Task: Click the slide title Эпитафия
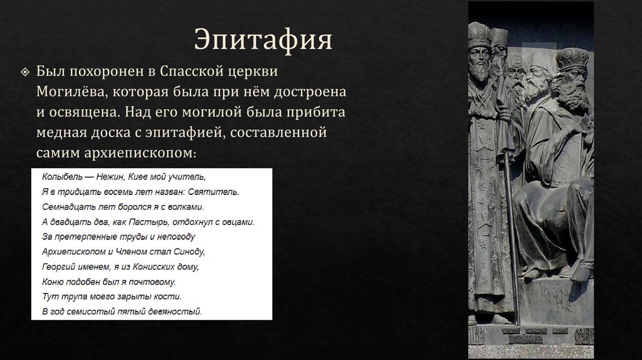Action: (263, 40)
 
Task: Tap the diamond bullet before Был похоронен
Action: (24, 70)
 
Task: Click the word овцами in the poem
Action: (236, 221)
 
